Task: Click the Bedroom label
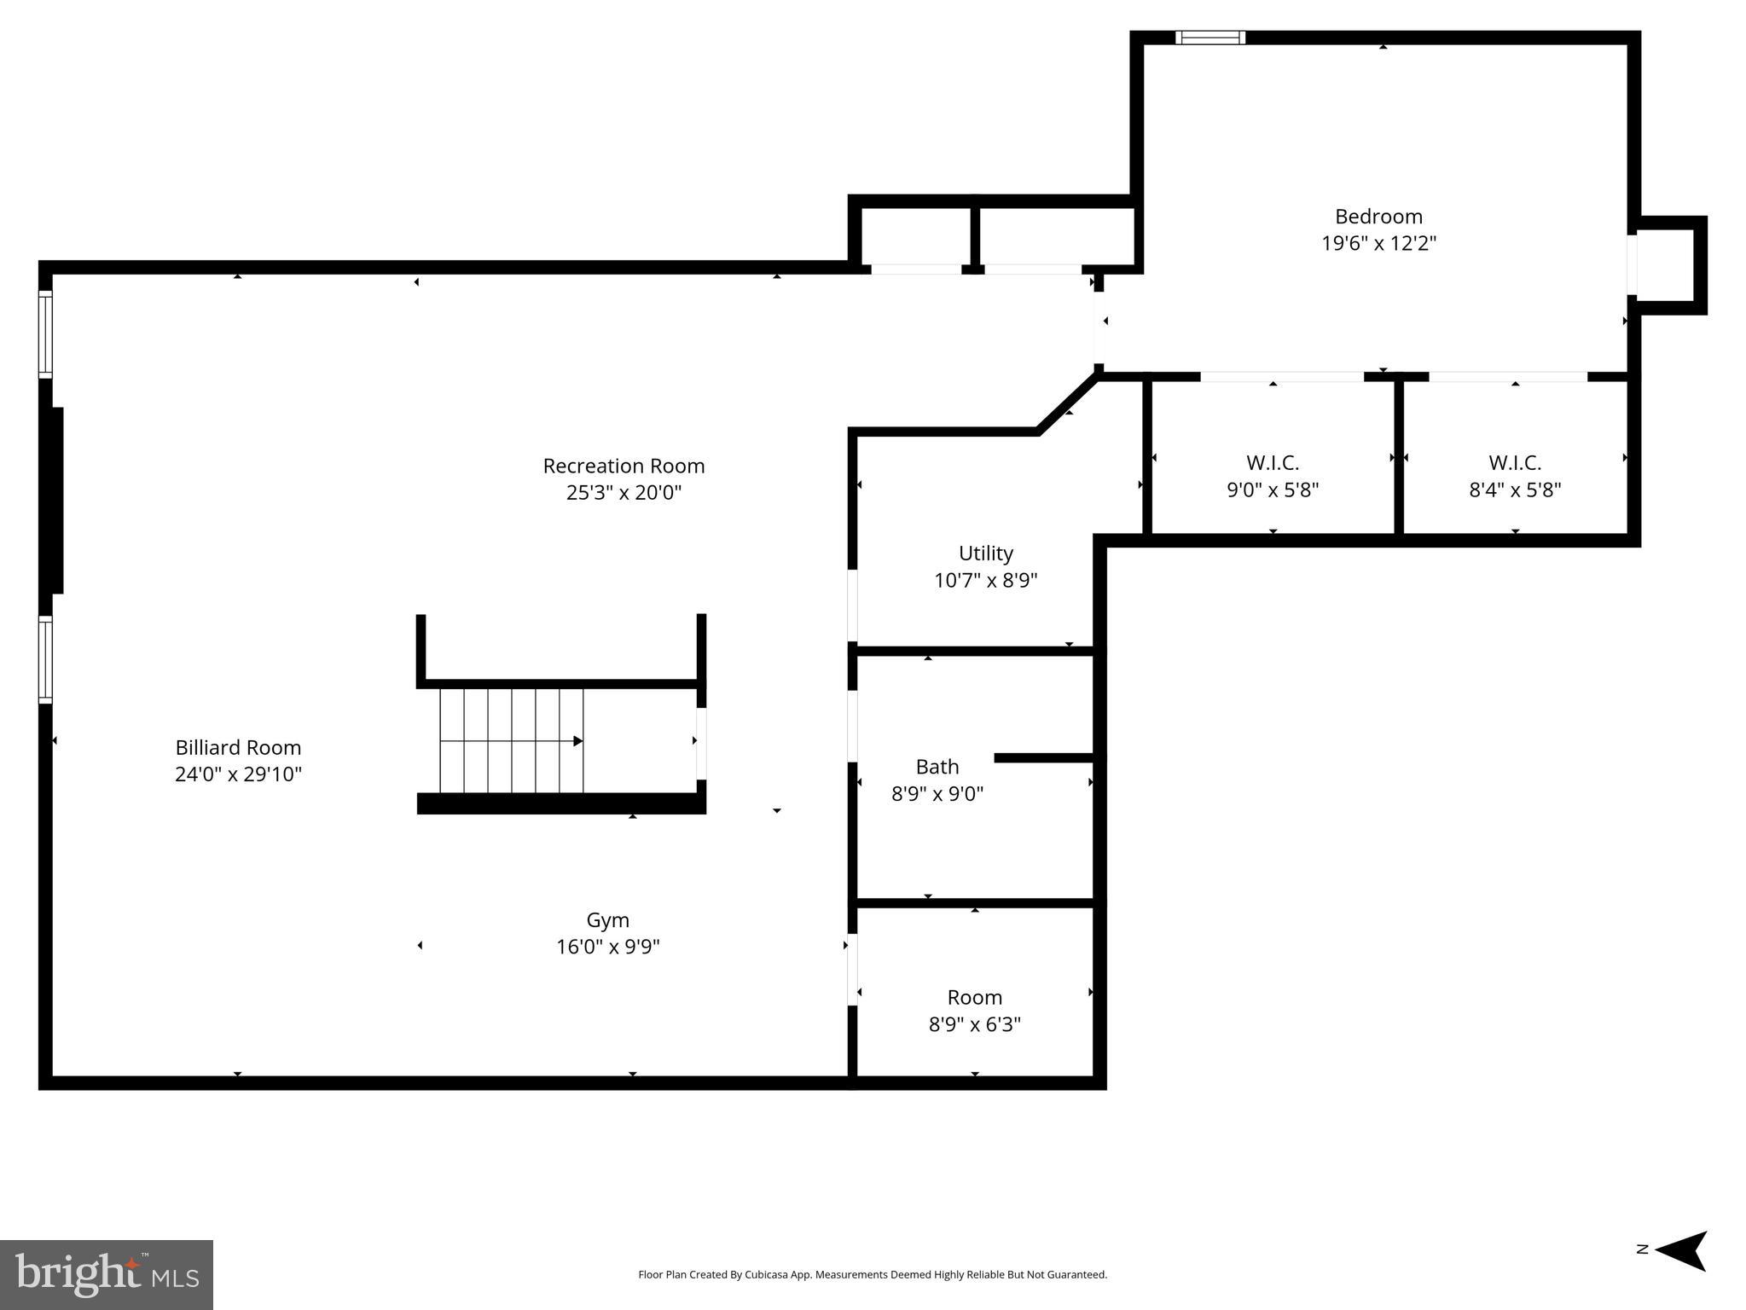click(1378, 217)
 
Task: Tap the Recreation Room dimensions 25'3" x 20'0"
click(624, 493)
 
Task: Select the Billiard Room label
click(238, 748)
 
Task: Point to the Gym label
click(607, 920)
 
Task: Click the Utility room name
click(985, 554)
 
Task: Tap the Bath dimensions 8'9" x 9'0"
click(937, 794)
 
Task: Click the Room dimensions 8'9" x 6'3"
click(974, 1024)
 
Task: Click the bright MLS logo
click(106, 1274)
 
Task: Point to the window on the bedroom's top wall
click(1209, 38)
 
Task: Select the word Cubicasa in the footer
click(765, 1275)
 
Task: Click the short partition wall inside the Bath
click(1044, 758)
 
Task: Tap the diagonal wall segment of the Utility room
click(1067, 403)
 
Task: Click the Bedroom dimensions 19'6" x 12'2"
click(1378, 244)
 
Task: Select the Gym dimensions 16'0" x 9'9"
click(607, 948)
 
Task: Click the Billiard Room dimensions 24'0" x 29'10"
click(238, 774)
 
